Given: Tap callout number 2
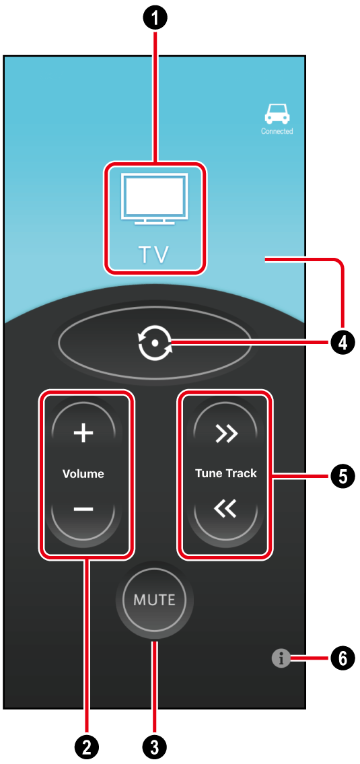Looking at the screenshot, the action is (x=87, y=745).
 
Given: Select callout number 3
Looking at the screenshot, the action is (x=155, y=745).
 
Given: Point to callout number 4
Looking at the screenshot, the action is (x=343, y=343).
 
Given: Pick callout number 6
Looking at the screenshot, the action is (x=343, y=659).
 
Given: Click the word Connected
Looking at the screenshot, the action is (x=277, y=131).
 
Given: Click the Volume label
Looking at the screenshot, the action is (x=83, y=474).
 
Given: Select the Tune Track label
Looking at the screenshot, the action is (x=225, y=474).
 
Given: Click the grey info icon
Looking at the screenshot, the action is (x=280, y=659).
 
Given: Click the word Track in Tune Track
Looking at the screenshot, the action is (x=241, y=474).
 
